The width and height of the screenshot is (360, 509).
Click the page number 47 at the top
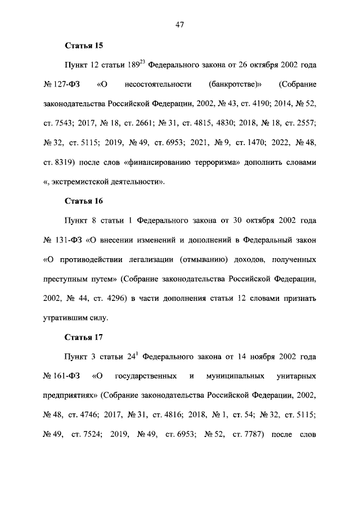[180, 24]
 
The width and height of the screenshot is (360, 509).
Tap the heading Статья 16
[84, 200]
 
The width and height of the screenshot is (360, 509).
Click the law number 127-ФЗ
[67, 85]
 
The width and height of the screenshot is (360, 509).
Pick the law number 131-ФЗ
[69, 241]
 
